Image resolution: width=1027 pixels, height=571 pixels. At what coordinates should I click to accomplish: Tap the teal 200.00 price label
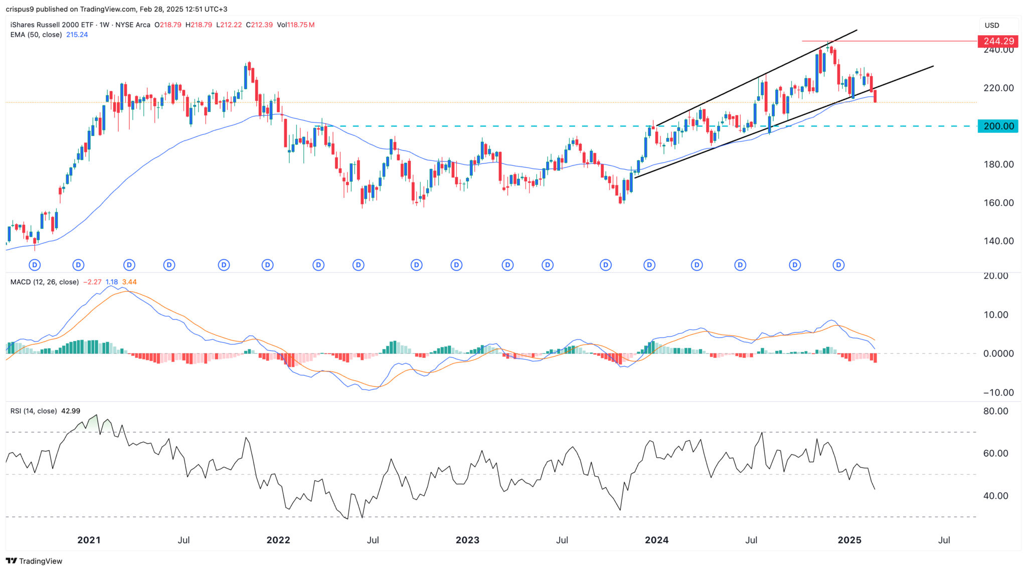pos(998,126)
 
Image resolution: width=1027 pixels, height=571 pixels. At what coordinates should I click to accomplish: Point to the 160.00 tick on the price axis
pos(998,203)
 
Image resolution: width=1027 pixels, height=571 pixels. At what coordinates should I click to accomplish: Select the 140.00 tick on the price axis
pos(998,241)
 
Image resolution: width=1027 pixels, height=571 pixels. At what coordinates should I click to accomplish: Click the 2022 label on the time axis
pos(278,540)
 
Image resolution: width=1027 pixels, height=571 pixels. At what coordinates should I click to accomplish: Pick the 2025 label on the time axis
pos(849,540)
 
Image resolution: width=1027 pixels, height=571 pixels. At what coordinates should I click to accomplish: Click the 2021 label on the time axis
pos(89,540)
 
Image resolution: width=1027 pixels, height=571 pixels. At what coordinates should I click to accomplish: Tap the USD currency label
pos(992,25)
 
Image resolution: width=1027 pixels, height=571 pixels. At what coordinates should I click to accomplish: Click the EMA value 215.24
pos(77,35)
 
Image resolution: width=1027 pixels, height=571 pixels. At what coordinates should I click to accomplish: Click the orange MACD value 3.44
pos(129,282)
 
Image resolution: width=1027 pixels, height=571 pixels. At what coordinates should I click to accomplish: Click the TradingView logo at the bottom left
pos(34,561)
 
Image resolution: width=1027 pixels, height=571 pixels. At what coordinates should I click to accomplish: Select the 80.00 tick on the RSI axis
pos(995,411)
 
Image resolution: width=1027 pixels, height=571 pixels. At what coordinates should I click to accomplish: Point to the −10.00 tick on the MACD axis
pos(995,393)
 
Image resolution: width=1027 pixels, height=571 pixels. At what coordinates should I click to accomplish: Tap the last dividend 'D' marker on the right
pos(838,265)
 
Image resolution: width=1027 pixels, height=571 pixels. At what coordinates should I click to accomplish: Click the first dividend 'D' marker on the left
pos(35,265)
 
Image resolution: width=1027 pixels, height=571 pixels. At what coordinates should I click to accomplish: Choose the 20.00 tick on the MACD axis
pos(995,276)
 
